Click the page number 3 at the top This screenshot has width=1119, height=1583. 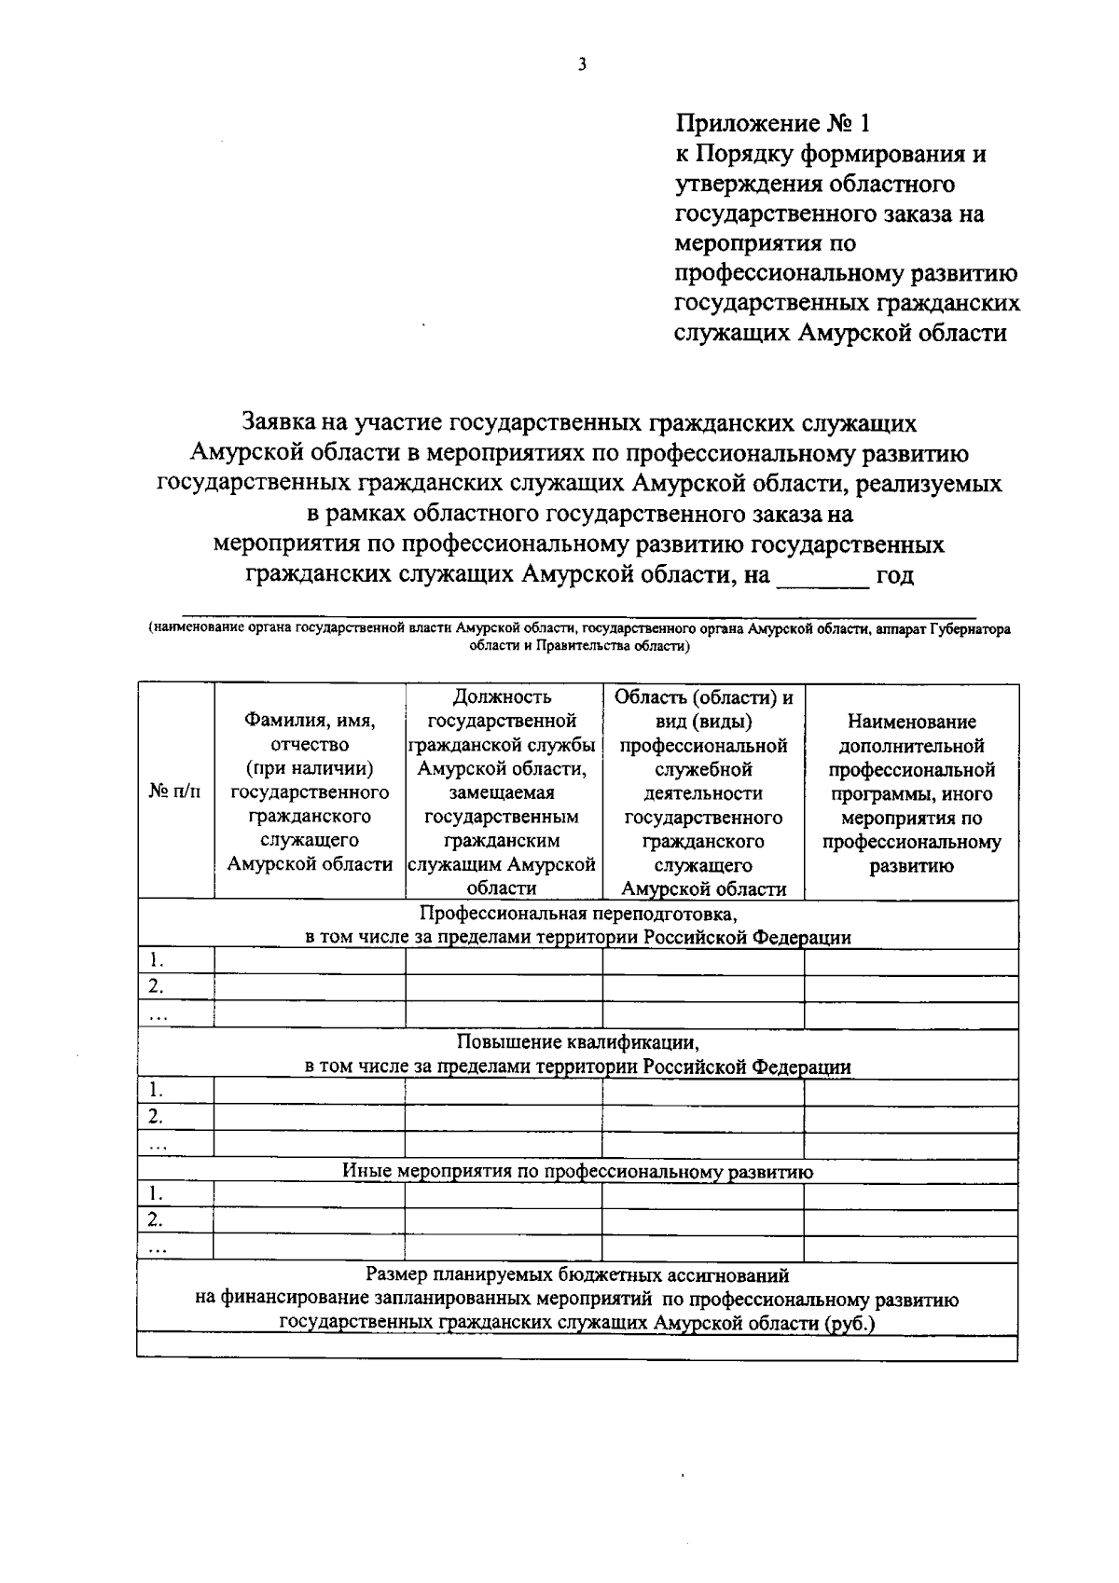click(x=581, y=65)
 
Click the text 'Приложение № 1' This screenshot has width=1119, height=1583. click(x=773, y=123)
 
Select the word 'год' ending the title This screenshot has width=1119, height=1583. click(x=896, y=576)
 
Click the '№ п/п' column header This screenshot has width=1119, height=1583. click(x=175, y=791)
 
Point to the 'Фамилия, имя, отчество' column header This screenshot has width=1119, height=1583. click(x=310, y=792)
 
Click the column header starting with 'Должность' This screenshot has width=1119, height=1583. click(x=502, y=792)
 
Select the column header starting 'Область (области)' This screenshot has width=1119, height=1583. click(x=703, y=792)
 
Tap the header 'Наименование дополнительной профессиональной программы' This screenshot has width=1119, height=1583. click(x=911, y=792)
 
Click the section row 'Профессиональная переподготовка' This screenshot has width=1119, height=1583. click(x=578, y=924)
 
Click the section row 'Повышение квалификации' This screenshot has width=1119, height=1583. click(x=578, y=1053)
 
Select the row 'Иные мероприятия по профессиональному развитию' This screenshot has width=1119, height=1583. click(x=578, y=1172)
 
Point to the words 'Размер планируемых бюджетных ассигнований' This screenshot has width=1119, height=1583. click(x=577, y=1274)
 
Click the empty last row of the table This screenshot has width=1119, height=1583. click(x=577, y=1349)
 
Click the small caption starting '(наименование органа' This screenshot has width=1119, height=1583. click(x=578, y=637)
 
